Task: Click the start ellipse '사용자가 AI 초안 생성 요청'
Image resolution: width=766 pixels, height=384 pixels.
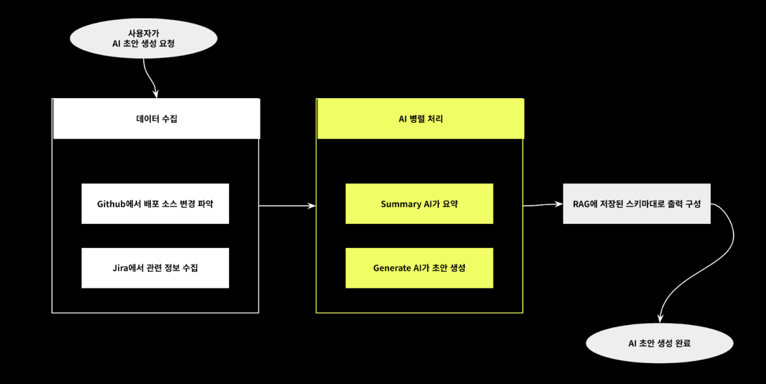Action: pyautogui.click(x=143, y=38)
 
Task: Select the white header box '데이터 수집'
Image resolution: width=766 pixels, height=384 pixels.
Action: pyautogui.click(x=156, y=119)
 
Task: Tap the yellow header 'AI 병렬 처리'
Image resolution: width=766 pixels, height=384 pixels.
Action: pyautogui.click(x=420, y=119)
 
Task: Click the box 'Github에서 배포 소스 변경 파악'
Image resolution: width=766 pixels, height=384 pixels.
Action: pyautogui.click(x=155, y=204)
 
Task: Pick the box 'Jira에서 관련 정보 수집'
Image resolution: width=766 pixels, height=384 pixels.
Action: pyautogui.click(x=155, y=268)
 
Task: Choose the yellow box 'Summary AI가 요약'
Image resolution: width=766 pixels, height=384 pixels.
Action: pyautogui.click(x=419, y=204)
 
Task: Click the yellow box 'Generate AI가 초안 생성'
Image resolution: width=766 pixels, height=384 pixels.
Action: pyautogui.click(x=419, y=268)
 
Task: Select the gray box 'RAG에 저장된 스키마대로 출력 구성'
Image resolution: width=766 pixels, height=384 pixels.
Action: pyautogui.click(x=636, y=204)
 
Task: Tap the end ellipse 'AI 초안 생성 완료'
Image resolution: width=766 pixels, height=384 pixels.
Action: pyautogui.click(x=659, y=343)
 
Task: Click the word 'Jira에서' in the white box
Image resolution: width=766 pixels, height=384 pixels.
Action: pyautogui.click(x=128, y=268)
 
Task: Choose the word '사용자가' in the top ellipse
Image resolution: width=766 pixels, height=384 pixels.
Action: pyautogui.click(x=144, y=33)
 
